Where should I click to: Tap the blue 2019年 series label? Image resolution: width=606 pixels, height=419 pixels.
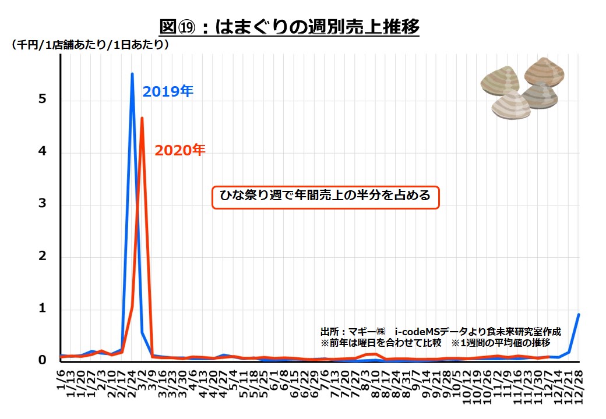point(168,91)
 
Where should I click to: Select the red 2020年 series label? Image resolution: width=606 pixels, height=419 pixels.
point(180,150)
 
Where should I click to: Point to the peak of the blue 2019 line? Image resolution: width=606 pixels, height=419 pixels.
point(132,74)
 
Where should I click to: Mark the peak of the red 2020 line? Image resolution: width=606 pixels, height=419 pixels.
point(142,118)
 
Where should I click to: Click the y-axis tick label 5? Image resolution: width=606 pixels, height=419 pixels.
point(42,100)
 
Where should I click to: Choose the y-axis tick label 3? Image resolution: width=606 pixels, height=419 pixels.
point(42,204)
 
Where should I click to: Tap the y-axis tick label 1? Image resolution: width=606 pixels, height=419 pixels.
point(42,308)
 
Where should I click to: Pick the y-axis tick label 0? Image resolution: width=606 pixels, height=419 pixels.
point(42,360)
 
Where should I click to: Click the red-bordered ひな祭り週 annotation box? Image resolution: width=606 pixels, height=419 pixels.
point(325,196)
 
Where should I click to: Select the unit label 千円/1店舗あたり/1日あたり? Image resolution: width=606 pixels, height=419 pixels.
point(90,44)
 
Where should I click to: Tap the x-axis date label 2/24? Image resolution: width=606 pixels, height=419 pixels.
point(132,384)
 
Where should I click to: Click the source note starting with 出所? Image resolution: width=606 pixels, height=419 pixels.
point(441,331)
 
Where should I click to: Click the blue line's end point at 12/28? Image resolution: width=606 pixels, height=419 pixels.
point(579,314)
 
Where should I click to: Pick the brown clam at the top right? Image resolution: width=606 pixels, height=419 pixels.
point(544,72)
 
